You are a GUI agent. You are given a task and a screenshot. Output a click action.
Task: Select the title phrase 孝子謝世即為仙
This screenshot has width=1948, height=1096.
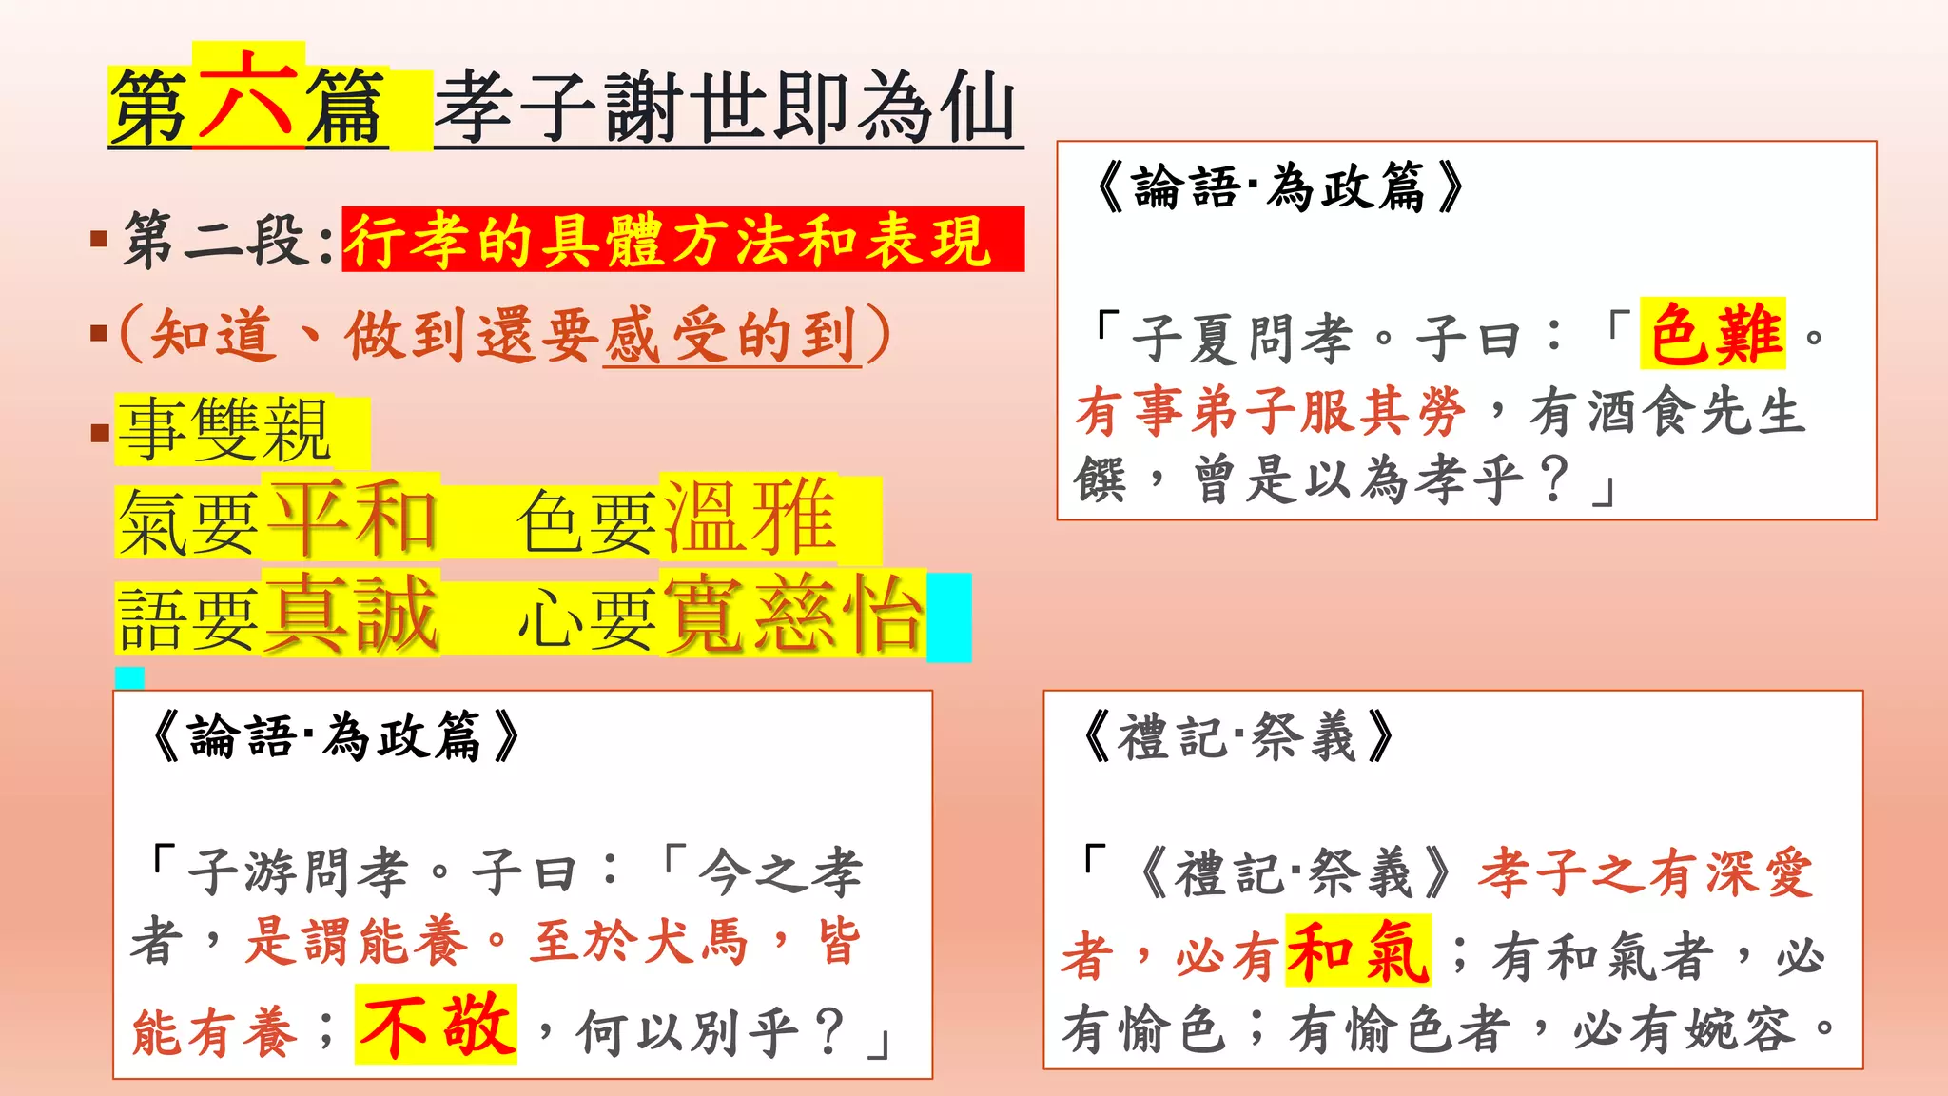728,108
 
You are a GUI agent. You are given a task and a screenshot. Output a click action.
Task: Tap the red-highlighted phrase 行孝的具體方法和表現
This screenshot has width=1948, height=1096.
670,241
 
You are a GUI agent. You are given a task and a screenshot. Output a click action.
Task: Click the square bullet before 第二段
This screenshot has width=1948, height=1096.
98,238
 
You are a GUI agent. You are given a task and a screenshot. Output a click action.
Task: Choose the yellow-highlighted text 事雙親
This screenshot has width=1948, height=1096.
224,430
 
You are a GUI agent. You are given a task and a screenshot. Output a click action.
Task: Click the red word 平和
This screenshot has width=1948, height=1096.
354,519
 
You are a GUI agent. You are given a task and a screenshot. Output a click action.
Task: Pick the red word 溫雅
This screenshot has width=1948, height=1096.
750,519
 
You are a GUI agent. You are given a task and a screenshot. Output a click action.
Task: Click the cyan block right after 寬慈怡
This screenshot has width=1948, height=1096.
949,616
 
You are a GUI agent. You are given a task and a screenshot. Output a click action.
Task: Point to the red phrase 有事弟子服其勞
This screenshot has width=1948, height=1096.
1271,413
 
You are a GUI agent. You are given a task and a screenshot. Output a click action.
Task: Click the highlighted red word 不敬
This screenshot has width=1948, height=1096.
437,1026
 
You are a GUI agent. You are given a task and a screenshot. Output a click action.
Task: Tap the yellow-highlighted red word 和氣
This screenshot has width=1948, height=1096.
1357,951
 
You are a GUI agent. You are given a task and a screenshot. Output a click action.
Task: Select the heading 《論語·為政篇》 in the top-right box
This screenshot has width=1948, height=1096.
1278,186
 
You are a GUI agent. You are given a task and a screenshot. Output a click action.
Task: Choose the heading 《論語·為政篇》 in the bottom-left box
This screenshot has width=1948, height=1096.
335,736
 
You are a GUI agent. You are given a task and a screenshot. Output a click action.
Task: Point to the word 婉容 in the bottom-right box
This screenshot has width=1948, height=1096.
1740,1029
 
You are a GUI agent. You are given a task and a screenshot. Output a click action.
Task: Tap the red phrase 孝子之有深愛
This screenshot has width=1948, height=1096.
1646,873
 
